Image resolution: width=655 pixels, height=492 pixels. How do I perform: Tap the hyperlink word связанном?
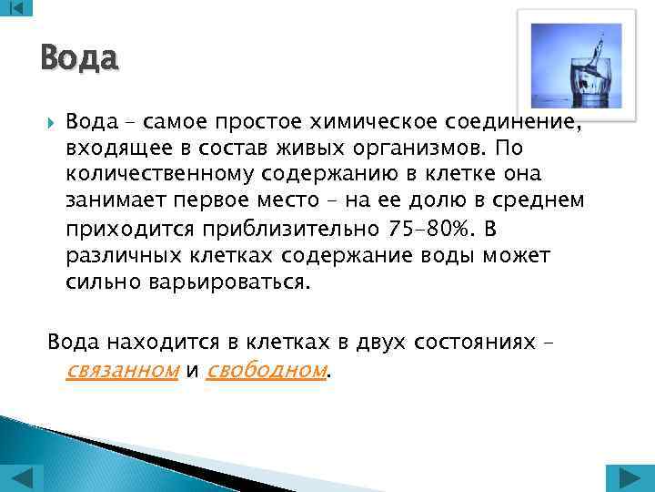pos(123,370)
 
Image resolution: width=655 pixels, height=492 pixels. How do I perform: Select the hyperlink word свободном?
pos(267,370)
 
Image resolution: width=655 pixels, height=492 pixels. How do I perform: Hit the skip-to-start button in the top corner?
pos(16,7)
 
